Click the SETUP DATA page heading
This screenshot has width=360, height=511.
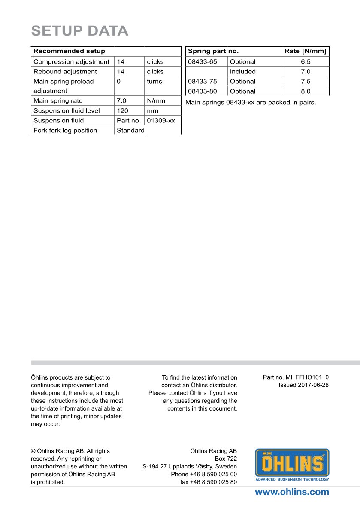click(80, 31)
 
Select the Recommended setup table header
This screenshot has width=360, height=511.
click(69, 51)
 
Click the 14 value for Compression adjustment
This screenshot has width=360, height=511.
click(121, 62)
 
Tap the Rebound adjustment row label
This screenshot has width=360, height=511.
click(65, 72)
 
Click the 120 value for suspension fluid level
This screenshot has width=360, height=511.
click(122, 111)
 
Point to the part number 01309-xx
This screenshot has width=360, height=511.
click(161, 121)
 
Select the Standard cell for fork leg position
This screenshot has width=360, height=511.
click(130, 131)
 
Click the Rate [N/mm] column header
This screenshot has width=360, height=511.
click(305, 51)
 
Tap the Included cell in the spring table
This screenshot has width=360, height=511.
click(242, 72)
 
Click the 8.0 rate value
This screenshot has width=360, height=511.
click(306, 91)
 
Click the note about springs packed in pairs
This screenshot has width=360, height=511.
click(251, 103)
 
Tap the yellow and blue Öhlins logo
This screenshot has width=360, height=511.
click(292, 465)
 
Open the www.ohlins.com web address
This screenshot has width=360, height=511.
click(292, 492)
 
